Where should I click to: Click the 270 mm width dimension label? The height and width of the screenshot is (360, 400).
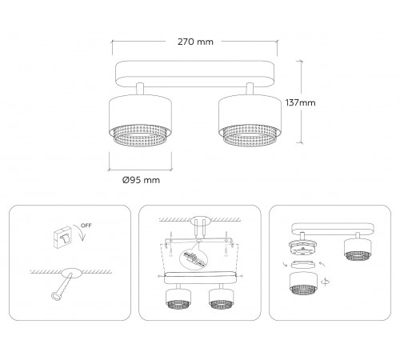point(195,42)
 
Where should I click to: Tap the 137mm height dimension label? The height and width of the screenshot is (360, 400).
point(300,102)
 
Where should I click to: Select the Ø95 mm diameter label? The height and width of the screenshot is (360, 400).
point(141,180)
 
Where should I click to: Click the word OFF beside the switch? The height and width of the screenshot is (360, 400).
point(86,226)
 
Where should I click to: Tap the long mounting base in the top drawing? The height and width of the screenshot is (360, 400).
point(195,74)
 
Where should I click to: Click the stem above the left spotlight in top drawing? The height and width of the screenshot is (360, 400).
point(140,89)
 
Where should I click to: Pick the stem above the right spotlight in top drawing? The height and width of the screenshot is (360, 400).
point(250,89)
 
